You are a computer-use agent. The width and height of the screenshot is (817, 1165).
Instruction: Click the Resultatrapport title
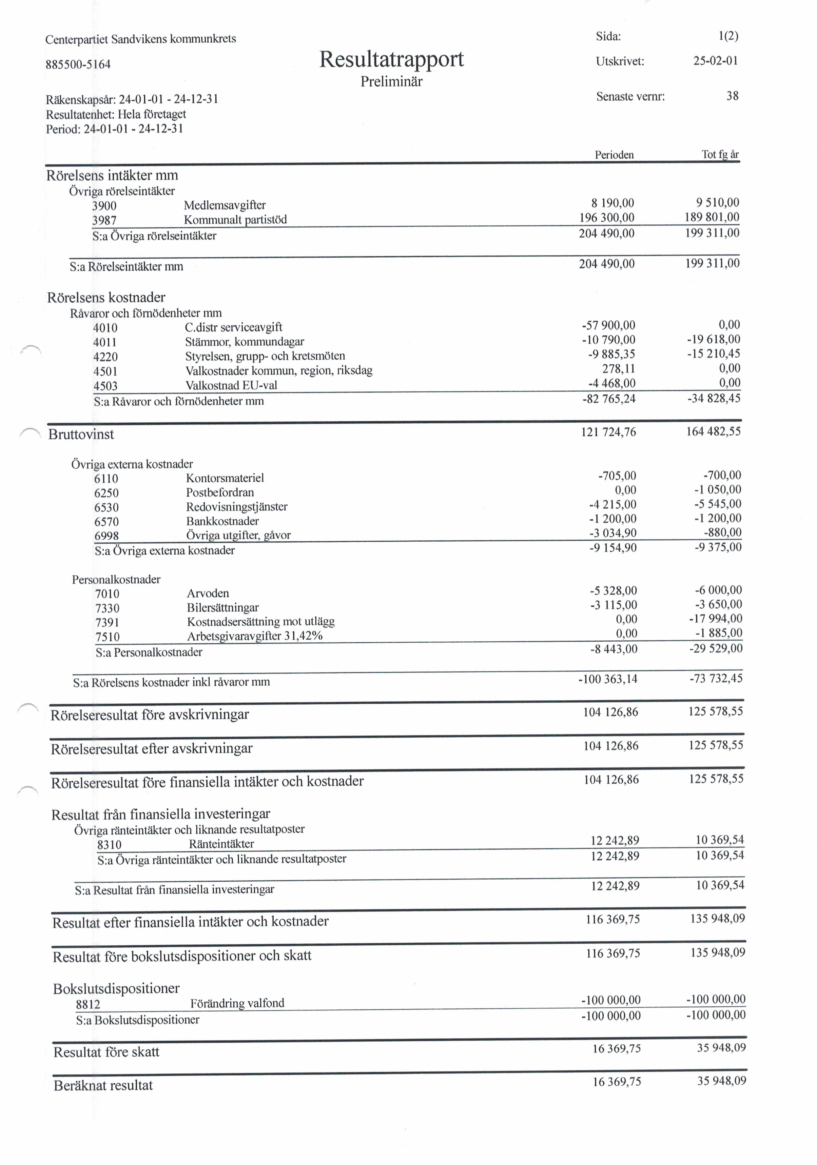[x=391, y=59]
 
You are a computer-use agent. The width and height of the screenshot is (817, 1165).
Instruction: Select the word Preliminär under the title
[x=391, y=82]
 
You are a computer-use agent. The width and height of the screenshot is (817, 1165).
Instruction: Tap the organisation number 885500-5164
[x=78, y=64]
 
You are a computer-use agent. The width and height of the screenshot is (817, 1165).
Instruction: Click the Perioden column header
[x=614, y=155]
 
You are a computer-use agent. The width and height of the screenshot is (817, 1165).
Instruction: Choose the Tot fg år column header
[x=720, y=154]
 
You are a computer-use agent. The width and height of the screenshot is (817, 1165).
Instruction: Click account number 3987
[x=104, y=220]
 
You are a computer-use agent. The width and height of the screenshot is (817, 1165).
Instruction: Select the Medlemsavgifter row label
[x=225, y=205]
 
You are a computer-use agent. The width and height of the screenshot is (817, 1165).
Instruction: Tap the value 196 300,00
[x=607, y=218]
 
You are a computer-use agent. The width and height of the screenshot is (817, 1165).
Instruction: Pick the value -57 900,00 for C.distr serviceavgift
[x=608, y=325]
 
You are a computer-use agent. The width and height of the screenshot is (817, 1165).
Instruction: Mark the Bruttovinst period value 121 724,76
[x=608, y=432]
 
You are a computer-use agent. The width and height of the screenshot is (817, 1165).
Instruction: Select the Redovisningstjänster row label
[x=237, y=506]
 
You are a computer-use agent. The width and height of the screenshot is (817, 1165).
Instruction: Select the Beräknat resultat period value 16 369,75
[x=617, y=1082]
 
